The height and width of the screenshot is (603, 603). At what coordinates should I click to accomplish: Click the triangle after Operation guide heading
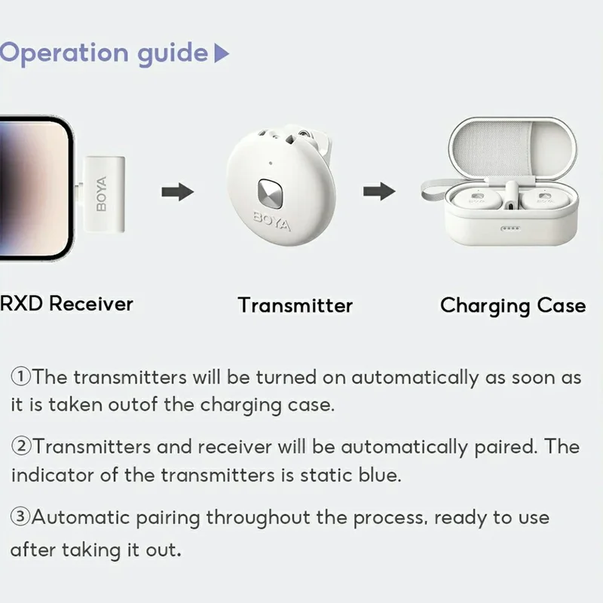coord(221,54)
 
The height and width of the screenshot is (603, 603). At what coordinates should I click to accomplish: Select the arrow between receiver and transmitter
coord(178,191)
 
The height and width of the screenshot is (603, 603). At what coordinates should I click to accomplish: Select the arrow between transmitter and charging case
coord(379,191)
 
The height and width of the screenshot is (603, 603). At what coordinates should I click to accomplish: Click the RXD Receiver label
coord(66,304)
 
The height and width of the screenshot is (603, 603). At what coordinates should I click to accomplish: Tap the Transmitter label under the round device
coord(295,305)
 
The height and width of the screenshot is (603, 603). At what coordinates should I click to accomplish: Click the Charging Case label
coord(513,305)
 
